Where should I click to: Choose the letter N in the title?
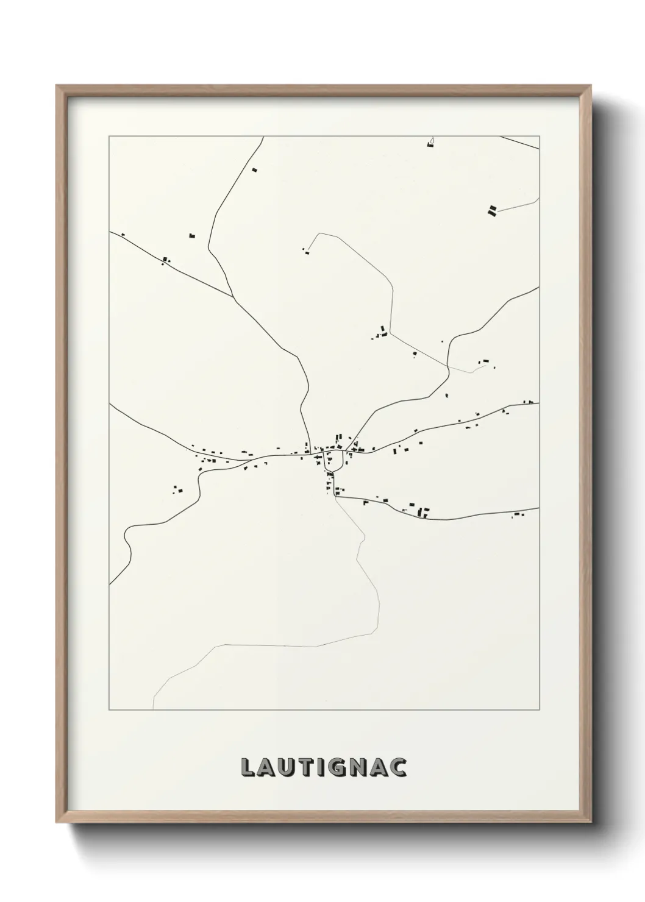coord(360,767)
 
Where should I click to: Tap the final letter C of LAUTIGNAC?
coord(399,767)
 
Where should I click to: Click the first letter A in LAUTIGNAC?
coord(267,767)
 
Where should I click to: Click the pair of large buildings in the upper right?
coord(492,211)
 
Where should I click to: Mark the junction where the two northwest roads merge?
coord(234,298)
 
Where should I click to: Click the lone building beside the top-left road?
coord(255,169)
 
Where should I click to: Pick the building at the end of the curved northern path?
coord(305,249)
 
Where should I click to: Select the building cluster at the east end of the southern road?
coord(519,515)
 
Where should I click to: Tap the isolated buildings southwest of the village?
coord(177,489)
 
